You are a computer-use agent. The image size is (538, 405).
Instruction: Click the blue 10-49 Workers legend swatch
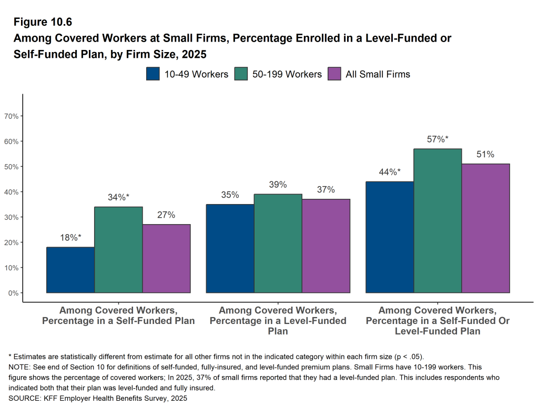153,74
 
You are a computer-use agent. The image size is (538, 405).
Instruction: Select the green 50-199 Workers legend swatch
241,74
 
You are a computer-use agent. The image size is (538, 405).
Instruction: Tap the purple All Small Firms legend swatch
334,74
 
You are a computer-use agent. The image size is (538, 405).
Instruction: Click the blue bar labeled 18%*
70,270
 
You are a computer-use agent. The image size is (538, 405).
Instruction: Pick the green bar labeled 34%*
118,250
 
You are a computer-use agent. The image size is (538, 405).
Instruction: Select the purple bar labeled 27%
166,258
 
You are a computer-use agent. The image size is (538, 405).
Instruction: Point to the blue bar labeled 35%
230,248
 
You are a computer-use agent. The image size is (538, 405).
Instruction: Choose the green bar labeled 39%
278,244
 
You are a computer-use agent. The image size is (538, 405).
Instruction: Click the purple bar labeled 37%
326,246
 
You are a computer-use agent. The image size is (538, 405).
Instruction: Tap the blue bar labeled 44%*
390,237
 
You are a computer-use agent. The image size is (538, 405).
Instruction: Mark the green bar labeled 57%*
438,221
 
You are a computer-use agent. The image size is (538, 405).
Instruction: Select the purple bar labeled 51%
485,228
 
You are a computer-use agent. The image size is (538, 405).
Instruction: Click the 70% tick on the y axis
12,116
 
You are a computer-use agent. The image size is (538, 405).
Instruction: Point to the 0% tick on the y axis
14,293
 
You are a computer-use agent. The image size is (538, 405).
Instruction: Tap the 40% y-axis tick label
12,192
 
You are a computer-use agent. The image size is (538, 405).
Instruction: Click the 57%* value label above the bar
438,139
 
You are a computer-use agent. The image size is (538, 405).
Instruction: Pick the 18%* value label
70,238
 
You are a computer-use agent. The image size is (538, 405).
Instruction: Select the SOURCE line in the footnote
98,398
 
